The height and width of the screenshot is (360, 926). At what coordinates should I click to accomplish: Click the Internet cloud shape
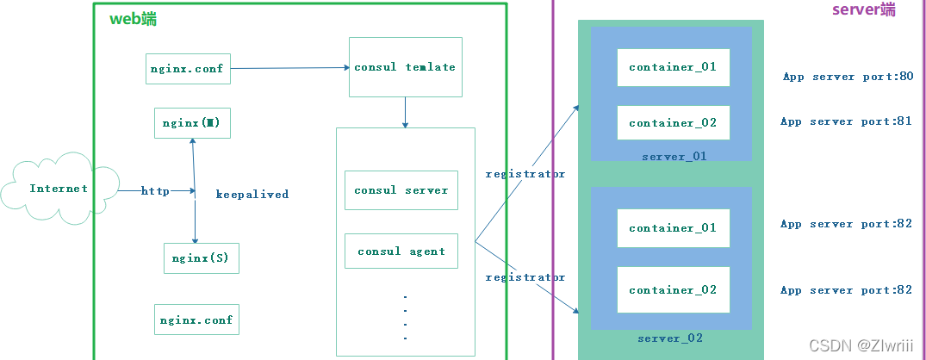coord(59,189)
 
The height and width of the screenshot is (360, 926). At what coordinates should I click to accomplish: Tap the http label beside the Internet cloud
coord(155,191)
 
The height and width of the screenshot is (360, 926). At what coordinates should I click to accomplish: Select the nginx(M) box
coord(192,123)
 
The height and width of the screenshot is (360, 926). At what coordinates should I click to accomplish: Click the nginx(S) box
coord(200,258)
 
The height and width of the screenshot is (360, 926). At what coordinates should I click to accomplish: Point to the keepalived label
coord(252,195)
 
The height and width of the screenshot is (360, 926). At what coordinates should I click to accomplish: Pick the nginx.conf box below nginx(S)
coord(196,320)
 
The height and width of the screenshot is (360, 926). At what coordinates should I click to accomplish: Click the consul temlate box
coord(405,67)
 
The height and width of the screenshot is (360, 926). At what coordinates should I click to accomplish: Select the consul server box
coord(401,190)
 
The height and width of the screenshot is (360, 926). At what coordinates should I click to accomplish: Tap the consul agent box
coord(401,251)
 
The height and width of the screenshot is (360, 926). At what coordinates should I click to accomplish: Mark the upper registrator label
coord(525,174)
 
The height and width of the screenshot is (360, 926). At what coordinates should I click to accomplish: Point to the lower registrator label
coord(525,277)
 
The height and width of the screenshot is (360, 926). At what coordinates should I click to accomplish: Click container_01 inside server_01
coord(673,67)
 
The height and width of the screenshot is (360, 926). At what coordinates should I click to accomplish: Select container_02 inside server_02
coord(673,290)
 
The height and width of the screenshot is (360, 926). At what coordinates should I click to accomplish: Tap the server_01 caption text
coord(674,157)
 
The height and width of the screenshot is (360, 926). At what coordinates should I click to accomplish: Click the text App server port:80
coord(848,77)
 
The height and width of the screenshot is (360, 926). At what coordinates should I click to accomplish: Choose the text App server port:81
coord(846,121)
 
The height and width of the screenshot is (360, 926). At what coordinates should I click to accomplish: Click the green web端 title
coord(133,19)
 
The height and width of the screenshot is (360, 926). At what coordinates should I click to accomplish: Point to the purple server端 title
coord(863,9)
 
